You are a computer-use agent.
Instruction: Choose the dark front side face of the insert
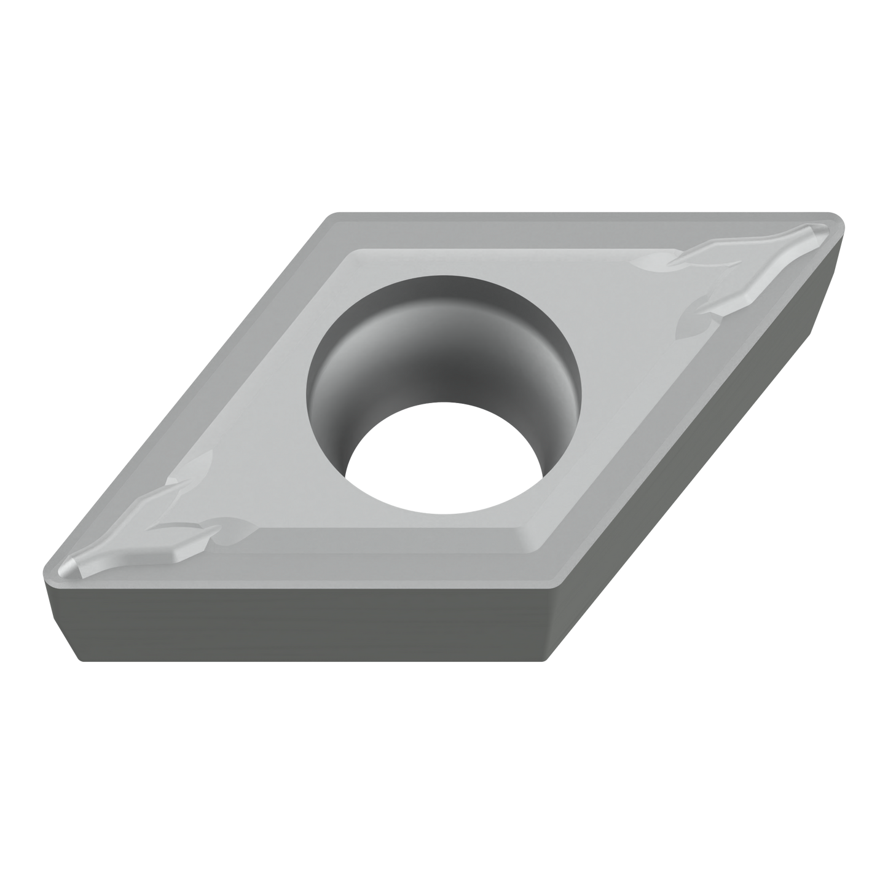pyautogui.click(x=307, y=621)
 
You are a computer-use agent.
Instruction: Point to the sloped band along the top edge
pyautogui.click(x=553, y=230)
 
